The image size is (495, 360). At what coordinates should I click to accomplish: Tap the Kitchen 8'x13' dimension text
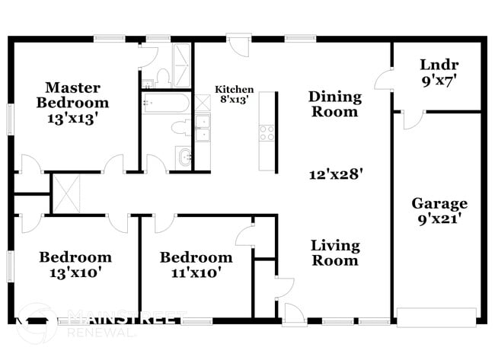coord(234,99)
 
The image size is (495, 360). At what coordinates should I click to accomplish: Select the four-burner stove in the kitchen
coord(267,132)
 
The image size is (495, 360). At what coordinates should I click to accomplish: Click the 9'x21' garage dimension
coord(439,219)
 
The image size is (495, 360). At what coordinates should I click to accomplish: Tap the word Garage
coord(439,204)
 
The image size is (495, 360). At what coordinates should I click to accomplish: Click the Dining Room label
coord(333,104)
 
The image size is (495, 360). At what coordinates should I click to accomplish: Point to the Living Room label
coord(334,253)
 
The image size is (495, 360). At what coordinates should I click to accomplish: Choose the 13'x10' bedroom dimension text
coord(75,272)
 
